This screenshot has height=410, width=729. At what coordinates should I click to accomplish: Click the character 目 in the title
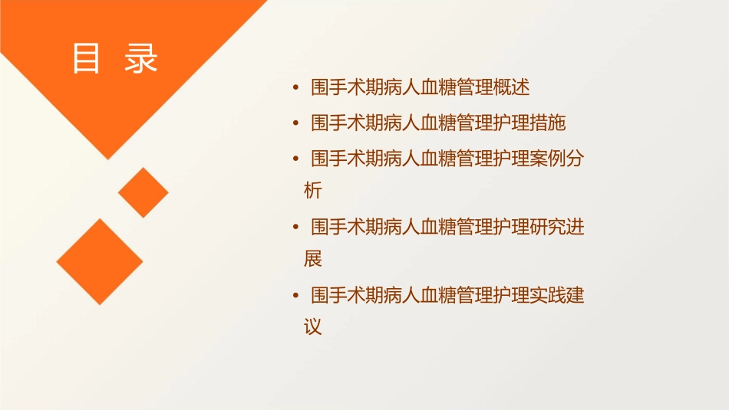click(86, 59)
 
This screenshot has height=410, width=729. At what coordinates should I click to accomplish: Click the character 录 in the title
click(141, 59)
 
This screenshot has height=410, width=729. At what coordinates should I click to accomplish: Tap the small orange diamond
click(143, 192)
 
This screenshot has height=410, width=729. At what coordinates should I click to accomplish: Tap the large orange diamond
click(100, 261)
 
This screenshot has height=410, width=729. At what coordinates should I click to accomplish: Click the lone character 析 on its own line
click(313, 190)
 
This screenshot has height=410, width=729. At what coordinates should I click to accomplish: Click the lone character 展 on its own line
click(313, 259)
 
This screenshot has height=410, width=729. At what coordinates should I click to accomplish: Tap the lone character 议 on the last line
click(313, 327)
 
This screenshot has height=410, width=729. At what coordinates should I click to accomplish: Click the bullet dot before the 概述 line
click(296, 88)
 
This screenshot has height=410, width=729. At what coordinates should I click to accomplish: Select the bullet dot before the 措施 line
click(296, 123)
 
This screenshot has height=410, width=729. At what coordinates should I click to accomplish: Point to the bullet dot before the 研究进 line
click(296, 227)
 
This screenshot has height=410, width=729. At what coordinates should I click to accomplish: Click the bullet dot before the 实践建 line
click(296, 295)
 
